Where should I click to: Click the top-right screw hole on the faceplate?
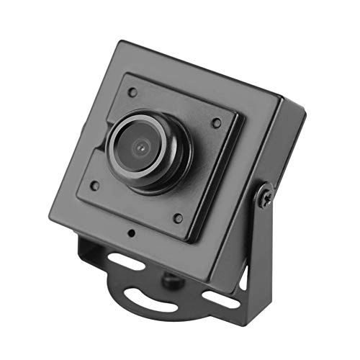point(216,122)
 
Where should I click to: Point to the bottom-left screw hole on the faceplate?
point(94,185)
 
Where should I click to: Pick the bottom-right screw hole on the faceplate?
point(178,217)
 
